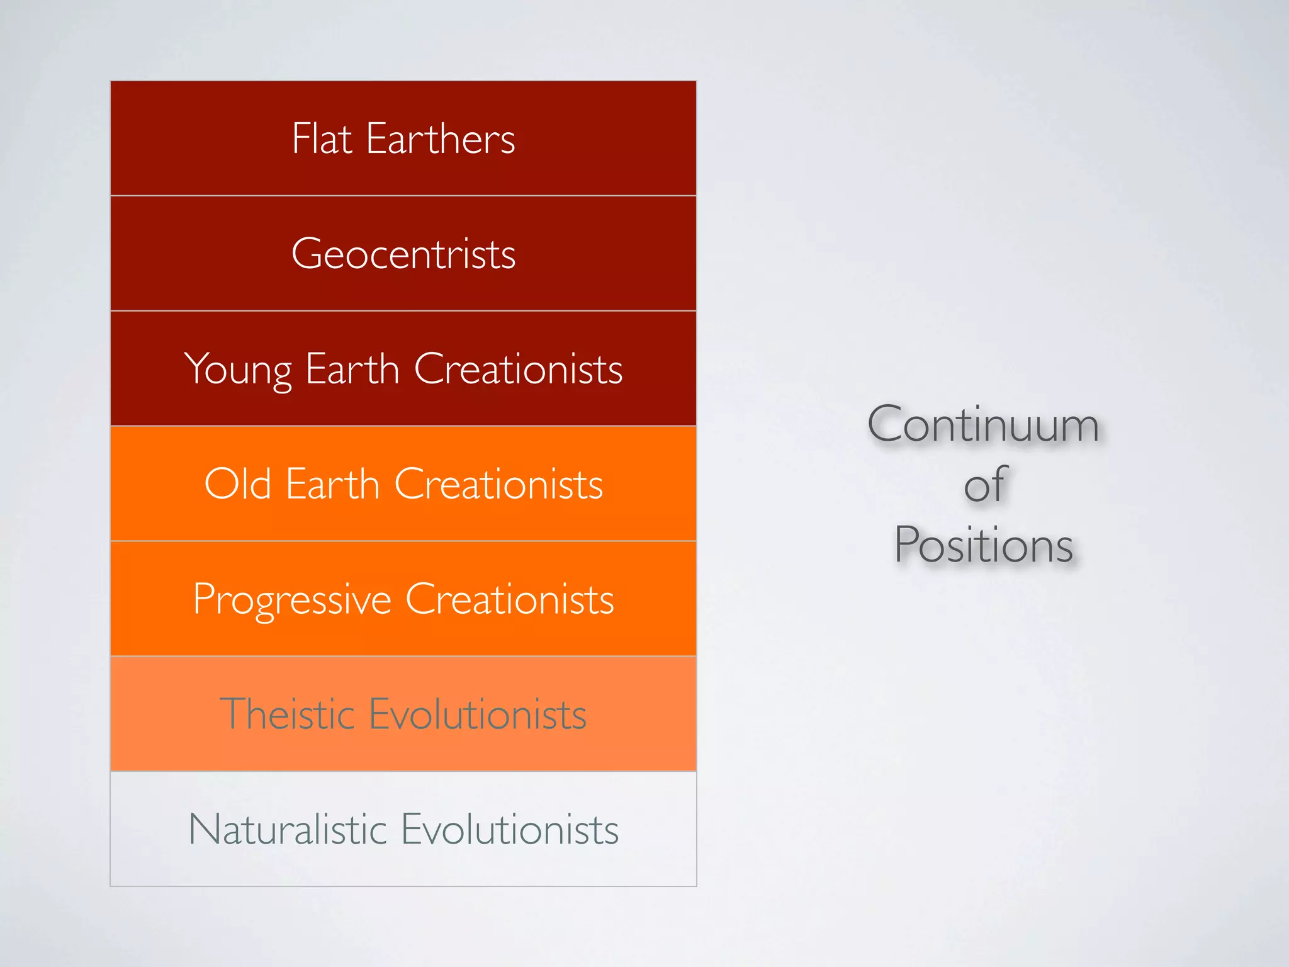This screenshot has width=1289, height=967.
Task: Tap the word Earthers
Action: (441, 139)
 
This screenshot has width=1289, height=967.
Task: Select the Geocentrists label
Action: (403, 254)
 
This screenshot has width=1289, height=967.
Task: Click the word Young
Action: (238, 370)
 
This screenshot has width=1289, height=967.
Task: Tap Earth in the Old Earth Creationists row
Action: (332, 483)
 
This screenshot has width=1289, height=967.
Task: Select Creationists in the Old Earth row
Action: (498, 483)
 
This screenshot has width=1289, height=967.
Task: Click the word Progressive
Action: (292, 600)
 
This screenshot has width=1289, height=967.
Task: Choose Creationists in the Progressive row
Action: (509, 599)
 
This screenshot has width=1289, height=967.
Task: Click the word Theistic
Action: (287, 714)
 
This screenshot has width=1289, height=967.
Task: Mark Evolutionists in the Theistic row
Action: (478, 714)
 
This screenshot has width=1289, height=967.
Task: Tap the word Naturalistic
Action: (287, 829)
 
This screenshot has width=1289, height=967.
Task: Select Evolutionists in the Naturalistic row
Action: (510, 829)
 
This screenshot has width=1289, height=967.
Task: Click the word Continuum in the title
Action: (983, 425)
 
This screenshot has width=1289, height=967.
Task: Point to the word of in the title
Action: (986, 485)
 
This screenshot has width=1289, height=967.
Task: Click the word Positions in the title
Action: (984, 545)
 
